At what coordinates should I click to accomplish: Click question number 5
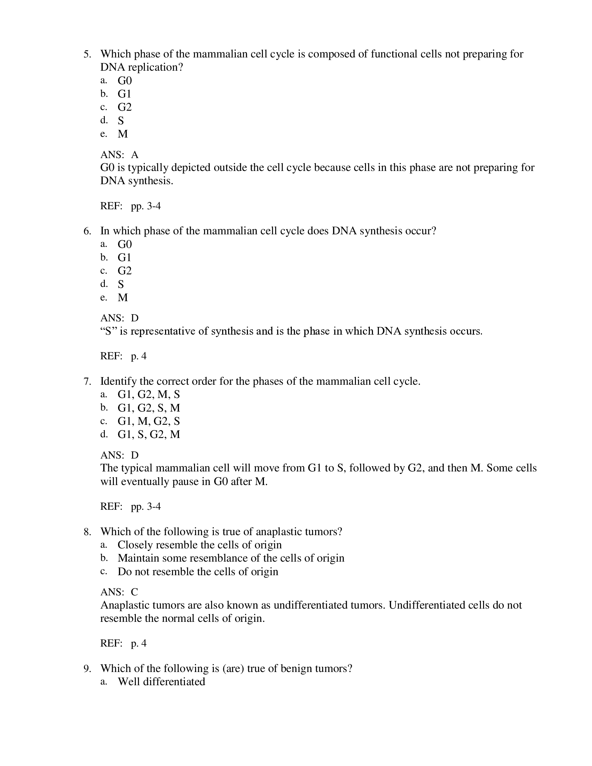[87, 54]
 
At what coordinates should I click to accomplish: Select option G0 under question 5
[125, 81]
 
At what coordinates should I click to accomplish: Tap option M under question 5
[123, 134]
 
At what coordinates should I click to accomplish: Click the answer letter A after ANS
[135, 155]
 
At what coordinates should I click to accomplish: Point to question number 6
[87, 231]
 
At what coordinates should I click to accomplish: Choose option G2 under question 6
[125, 271]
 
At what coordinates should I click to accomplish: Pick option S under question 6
[120, 284]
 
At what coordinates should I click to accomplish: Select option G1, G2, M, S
[148, 394]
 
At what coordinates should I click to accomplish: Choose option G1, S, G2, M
[149, 435]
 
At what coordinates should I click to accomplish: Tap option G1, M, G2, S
[148, 421]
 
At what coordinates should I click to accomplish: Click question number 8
[87, 532]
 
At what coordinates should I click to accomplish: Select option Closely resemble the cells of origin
[200, 545]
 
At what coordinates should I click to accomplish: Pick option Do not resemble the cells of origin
[198, 572]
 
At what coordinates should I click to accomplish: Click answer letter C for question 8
[134, 592]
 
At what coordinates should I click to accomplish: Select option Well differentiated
[161, 682]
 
